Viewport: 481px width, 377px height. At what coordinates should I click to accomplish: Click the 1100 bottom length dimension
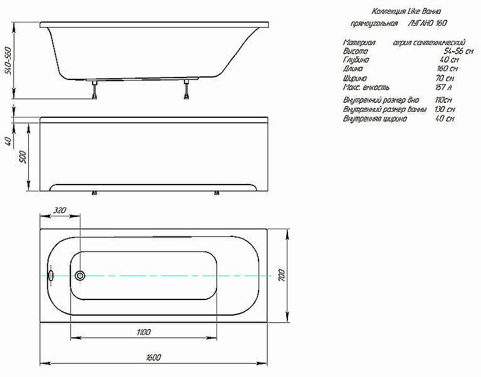[143, 332]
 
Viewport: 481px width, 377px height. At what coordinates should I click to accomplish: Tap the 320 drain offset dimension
[60, 210]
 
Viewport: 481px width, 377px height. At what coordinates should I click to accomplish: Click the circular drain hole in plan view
[81, 276]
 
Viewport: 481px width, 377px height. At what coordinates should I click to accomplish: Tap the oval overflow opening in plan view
[52, 276]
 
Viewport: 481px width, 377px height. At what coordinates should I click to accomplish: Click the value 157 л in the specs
[444, 88]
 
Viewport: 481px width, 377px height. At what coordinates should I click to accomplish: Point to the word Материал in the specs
[359, 43]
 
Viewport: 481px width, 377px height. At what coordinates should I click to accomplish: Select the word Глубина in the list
[356, 61]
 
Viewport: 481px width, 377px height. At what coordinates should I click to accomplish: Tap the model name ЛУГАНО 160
[427, 24]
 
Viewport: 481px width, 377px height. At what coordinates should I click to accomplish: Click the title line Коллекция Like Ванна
[407, 11]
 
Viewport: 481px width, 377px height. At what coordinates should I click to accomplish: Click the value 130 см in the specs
[444, 109]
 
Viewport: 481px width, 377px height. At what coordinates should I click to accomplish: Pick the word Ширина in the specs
[355, 79]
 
